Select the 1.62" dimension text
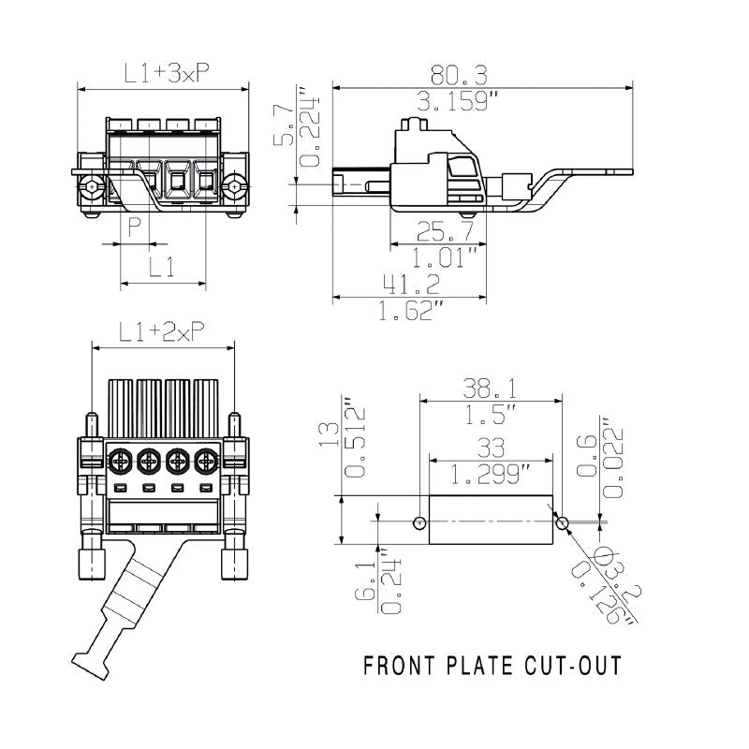[409, 311]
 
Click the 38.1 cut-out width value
[493, 387]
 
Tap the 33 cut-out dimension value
[492, 448]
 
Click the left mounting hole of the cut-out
[419, 521]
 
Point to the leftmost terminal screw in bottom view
[120, 461]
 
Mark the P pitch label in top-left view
[135, 228]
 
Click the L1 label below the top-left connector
[163, 268]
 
